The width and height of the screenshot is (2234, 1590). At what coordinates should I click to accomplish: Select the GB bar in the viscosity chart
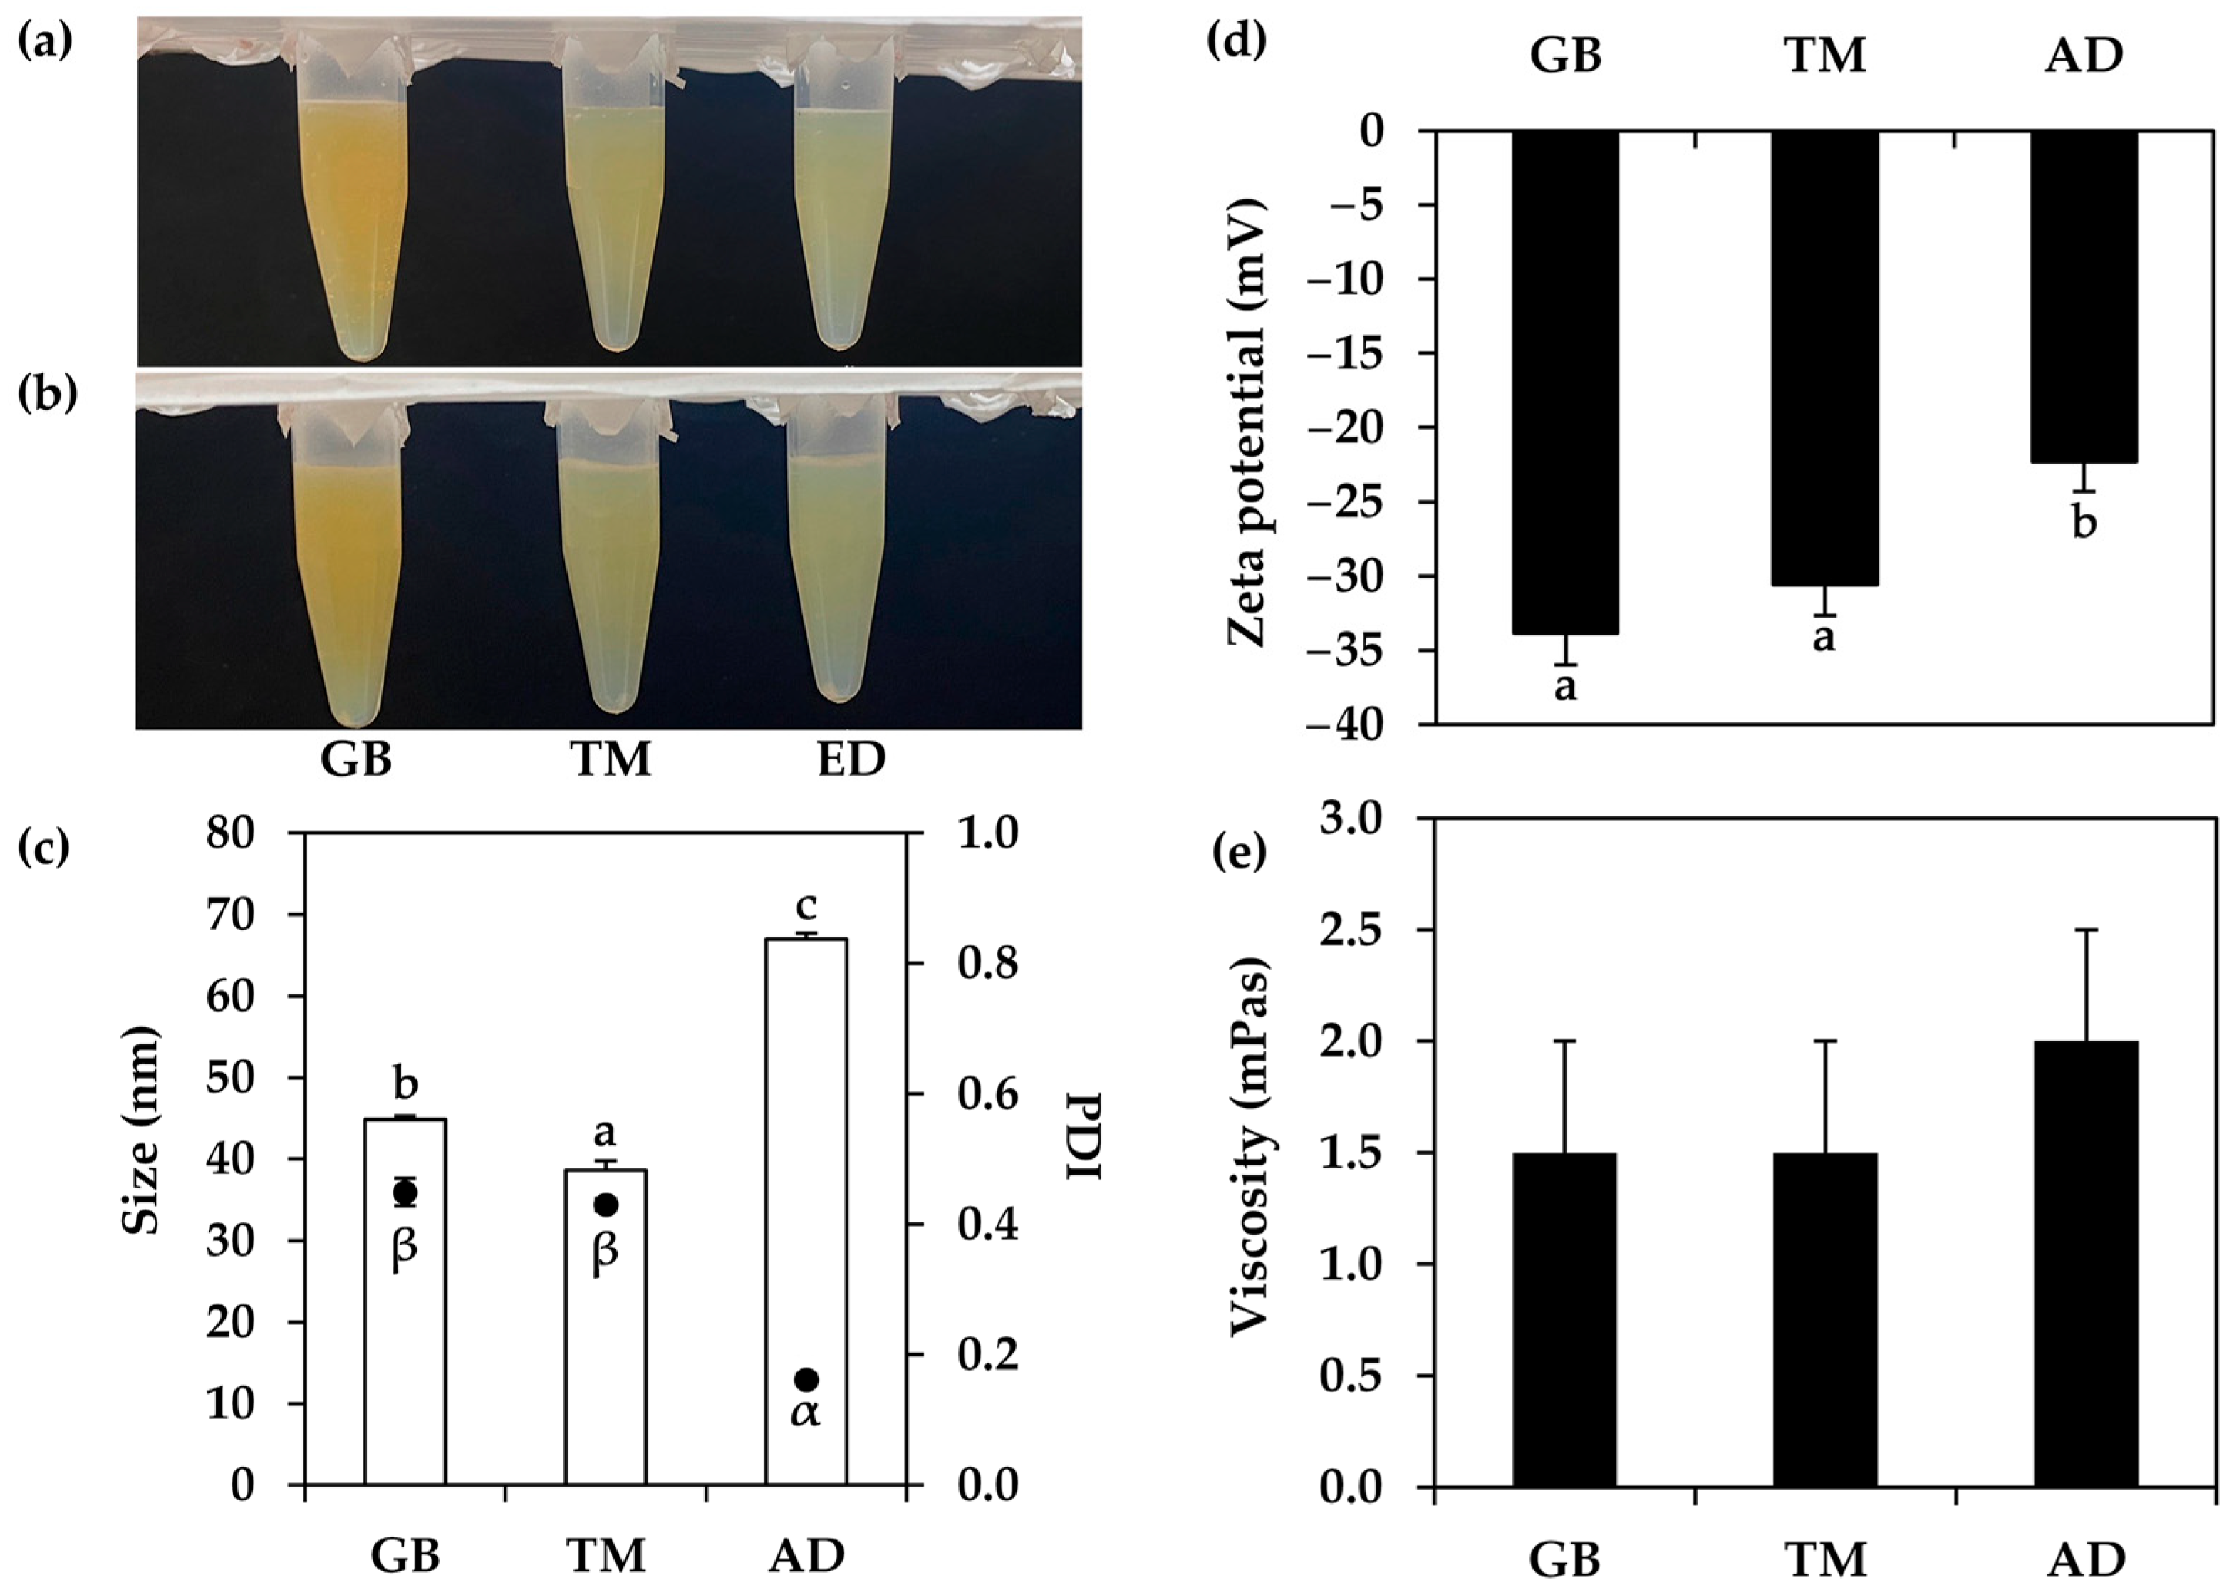pos(1564,1321)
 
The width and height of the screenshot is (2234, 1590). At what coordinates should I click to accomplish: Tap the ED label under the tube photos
pos(852,759)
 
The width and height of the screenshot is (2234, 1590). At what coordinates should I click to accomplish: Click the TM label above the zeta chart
pos(1826,56)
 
